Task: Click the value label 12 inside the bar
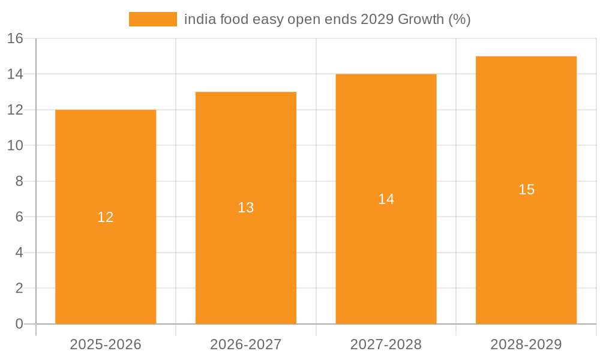click(106, 217)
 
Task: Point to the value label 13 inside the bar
click(246, 208)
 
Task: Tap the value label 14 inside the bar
click(386, 199)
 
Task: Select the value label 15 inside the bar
click(526, 190)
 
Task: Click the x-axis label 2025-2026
click(106, 344)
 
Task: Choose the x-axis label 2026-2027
click(246, 344)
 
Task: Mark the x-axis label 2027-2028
click(386, 344)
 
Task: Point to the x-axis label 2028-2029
click(526, 344)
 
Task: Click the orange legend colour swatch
click(153, 19)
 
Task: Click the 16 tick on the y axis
click(15, 38)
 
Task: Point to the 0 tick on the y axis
click(19, 324)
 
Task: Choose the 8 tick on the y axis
click(19, 181)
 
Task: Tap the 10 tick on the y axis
click(15, 145)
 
